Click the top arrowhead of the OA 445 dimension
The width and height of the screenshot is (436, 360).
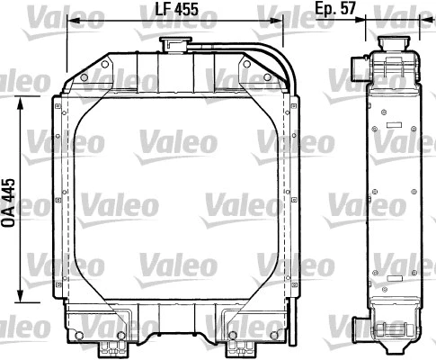(x=22, y=100)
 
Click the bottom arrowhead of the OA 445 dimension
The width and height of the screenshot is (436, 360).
(x=22, y=303)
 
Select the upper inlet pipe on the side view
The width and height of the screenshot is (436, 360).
(x=357, y=68)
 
